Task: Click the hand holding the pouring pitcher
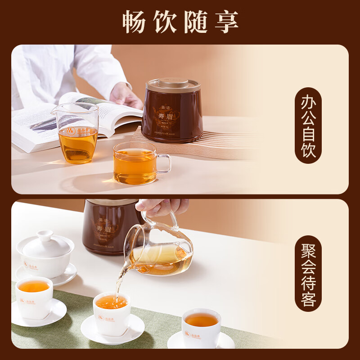pos(162,207)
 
